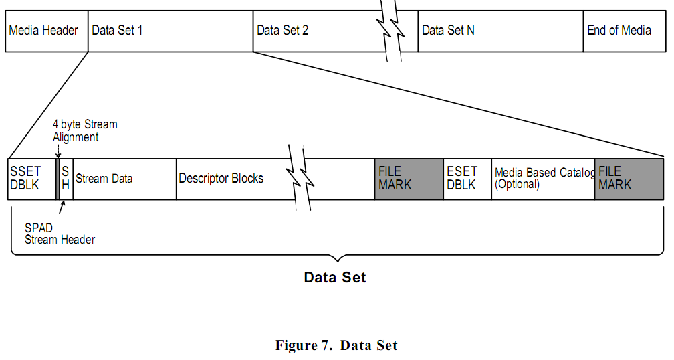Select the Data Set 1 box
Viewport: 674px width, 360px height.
[170, 31]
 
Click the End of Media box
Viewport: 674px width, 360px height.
[623, 31]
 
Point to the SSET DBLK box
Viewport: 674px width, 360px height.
[31, 179]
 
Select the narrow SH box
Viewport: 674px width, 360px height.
[66, 179]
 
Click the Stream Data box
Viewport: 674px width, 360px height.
[124, 179]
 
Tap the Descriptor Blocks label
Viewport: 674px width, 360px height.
[221, 179]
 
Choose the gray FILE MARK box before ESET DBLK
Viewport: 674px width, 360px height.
[409, 179]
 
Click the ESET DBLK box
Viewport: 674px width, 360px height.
[467, 179]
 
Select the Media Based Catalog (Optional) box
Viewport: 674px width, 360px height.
[543, 179]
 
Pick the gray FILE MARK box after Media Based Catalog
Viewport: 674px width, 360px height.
[629, 179]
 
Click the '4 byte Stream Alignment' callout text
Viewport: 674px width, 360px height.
[85, 130]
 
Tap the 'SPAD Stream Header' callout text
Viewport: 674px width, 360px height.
[60, 234]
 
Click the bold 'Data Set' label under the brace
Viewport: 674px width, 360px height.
[335, 277]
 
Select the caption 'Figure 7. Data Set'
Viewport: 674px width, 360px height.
[336, 345]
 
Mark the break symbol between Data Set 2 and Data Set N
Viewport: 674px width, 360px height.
[391, 31]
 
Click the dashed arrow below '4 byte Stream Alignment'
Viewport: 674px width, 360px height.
[58, 151]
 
